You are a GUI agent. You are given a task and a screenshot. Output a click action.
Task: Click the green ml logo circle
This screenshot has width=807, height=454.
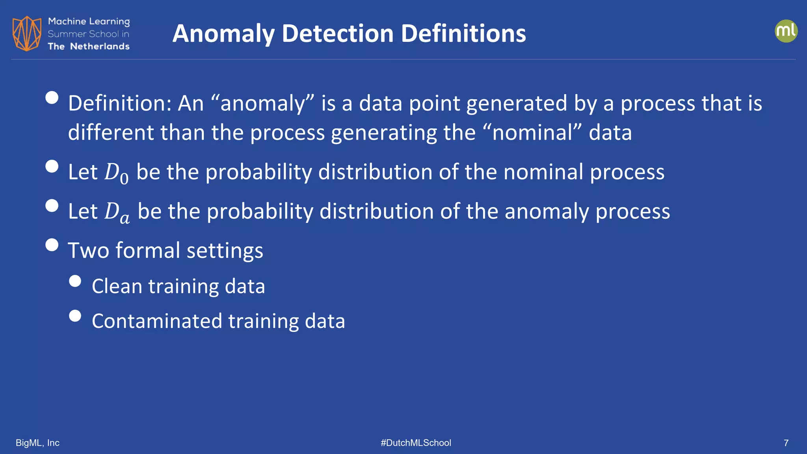(786, 31)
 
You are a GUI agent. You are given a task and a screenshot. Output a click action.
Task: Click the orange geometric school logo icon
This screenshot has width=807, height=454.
(27, 33)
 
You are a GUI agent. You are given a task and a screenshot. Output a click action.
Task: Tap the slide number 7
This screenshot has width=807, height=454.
(786, 443)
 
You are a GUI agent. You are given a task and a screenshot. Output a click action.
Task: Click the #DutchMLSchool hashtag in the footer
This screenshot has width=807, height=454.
(416, 443)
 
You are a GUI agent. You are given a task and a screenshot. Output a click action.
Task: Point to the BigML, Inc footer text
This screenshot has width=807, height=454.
(37, 443)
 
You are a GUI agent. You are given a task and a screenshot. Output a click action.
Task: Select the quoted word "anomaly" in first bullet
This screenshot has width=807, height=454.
(262, 103)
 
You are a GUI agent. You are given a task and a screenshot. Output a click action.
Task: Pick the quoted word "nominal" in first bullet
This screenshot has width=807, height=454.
(537, 132)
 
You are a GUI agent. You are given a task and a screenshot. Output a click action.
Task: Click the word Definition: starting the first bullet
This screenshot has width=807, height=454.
(120, 103)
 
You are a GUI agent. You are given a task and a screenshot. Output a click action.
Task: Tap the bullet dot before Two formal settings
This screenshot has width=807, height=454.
(52, 245)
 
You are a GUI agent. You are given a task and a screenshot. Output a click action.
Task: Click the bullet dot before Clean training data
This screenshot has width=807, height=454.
(75, 281)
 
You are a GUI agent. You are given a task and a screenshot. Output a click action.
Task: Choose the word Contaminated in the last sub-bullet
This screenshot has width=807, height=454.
(157, 321)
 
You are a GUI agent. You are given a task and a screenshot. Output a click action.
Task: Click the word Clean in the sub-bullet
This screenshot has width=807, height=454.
(117, 286)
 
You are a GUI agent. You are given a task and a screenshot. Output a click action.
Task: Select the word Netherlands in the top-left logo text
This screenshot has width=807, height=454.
(100, 47)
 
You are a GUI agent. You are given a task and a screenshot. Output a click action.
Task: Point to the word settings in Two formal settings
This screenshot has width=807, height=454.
(225, 251)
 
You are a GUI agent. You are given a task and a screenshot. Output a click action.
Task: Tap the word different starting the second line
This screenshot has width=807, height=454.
(111, 132)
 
